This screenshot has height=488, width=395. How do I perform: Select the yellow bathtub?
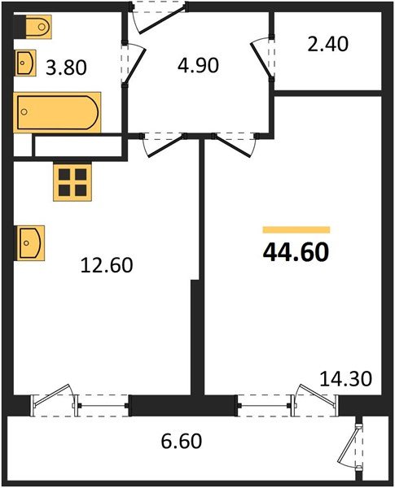coord(57,113)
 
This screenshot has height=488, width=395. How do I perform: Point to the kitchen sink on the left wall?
coord(31,242)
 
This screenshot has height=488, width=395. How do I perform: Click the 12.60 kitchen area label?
coord(106,264)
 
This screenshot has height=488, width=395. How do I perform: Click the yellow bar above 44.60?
coord(296,230)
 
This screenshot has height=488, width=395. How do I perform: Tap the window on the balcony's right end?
coord(355,445)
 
